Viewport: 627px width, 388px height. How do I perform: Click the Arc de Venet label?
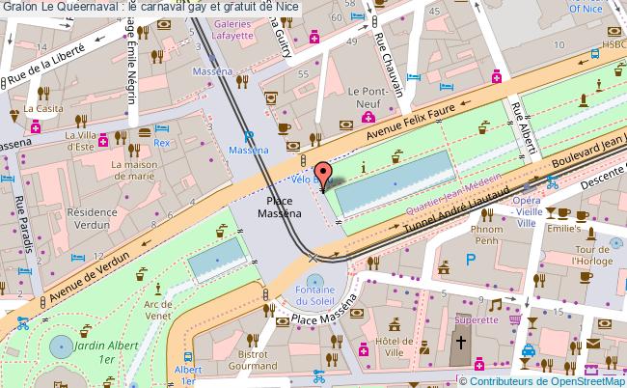[x=157, y=310]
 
